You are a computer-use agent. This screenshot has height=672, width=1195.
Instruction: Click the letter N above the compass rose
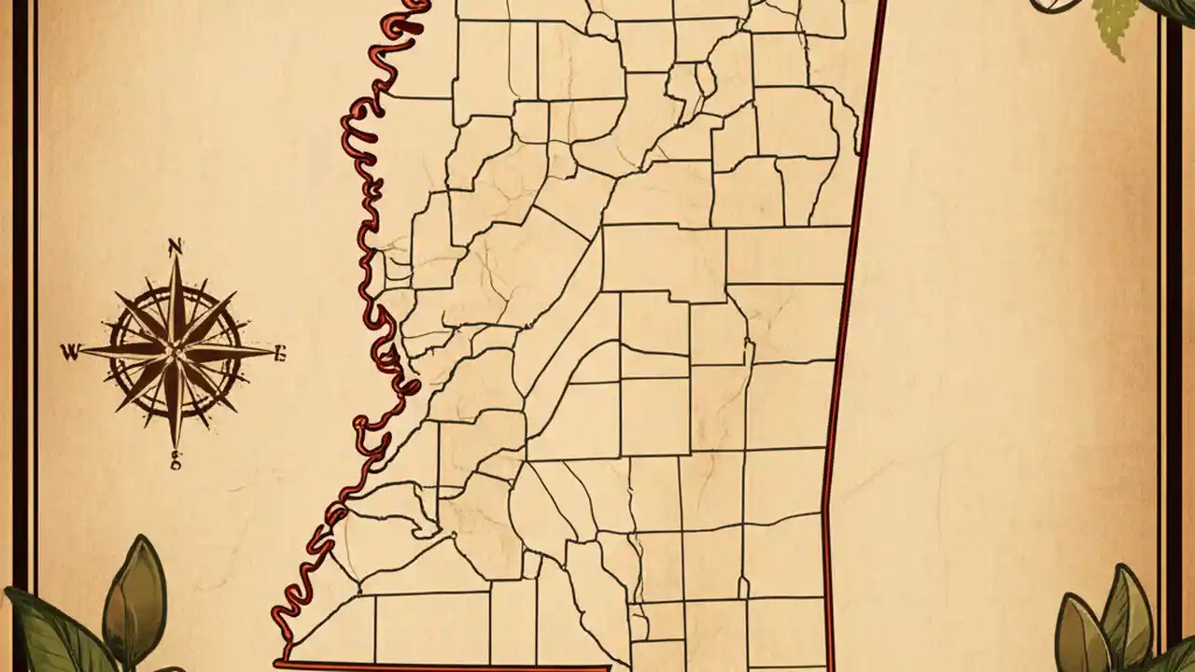175,247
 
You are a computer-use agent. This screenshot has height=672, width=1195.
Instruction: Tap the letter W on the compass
69,352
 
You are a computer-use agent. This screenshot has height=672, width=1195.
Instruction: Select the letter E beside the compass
279,353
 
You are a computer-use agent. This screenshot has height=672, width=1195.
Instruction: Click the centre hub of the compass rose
175,352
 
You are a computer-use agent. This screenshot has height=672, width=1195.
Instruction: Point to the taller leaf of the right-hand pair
1124,611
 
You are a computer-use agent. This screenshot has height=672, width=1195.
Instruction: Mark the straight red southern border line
448,665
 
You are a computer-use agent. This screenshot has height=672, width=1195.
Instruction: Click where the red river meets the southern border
284,661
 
